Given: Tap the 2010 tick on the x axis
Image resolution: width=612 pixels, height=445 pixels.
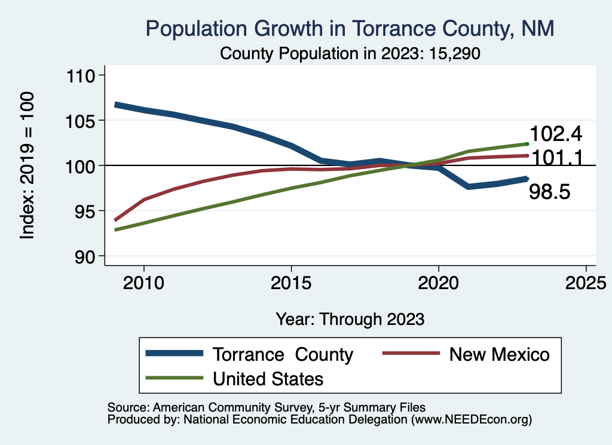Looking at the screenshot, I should pyautogui.click(x=144, y=283).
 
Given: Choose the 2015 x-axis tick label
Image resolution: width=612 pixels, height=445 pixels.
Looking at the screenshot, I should pyautogui.click(x=291, y=283).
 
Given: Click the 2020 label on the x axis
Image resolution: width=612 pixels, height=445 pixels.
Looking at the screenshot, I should pyautogui.click(x=439, y=283).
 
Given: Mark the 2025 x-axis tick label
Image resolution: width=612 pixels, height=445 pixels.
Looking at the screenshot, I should pyautogui.click(x=586, y=283).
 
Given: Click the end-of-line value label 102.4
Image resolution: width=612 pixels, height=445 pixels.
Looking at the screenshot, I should pyautogui.click(x=556, y=133).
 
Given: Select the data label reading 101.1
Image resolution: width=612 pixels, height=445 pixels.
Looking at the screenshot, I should pyautogui.click(x=556, y=157).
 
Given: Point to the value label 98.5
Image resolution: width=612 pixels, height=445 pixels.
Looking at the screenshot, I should pyautogui.click(x=550, y=192).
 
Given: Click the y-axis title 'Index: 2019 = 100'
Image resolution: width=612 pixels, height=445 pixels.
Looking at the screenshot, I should pyautogui.click(x=27, y=165).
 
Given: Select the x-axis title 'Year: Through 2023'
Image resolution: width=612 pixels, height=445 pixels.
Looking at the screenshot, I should pyautogui.click(x=350, y=318).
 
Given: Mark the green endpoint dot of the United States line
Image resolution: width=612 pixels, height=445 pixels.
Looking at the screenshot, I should pyautogui.click(x=527, y=144).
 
